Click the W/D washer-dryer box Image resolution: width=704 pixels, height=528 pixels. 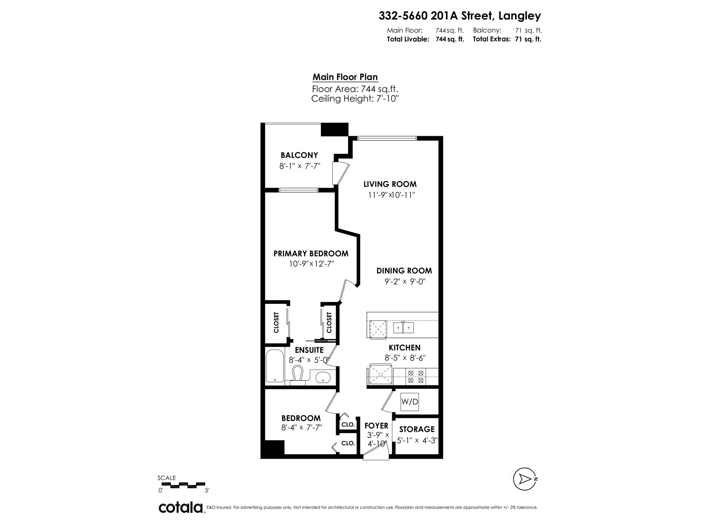409,402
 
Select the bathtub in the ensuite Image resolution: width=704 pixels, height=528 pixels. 275,366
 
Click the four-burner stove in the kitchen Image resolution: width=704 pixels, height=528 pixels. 416,376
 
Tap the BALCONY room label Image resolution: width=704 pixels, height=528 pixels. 299,155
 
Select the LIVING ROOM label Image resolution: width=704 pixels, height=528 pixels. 390,184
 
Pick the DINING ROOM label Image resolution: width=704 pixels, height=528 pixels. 404,271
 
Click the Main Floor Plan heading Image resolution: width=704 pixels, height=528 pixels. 345,77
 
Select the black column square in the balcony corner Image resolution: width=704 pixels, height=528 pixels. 334,130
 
